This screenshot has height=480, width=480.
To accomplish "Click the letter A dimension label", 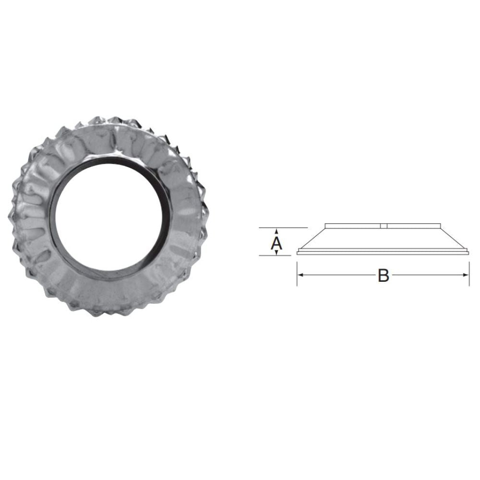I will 276,243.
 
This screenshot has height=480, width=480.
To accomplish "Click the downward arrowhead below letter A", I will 276,252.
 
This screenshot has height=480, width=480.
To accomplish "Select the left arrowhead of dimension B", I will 300,275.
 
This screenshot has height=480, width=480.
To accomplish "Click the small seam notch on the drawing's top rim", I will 382,226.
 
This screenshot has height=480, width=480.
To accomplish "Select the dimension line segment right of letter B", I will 427,275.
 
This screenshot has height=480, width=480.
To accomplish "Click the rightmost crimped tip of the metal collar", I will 208,214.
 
